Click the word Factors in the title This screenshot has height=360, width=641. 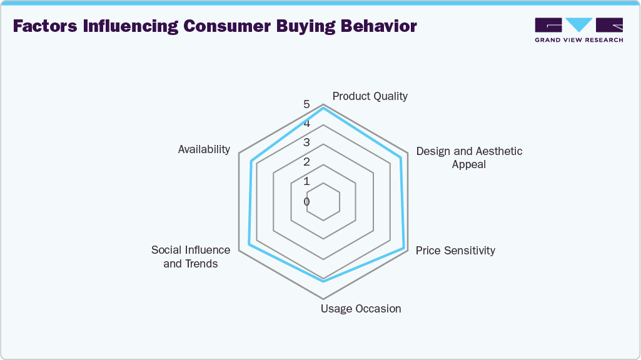tap(45, 26)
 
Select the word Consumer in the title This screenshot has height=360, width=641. tap(227, 26)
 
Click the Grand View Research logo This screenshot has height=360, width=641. tap(579, 30)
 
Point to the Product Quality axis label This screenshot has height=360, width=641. tap(370, 96)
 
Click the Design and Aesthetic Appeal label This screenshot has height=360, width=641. tap(469, 157)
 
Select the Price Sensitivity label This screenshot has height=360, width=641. tap(455, 251)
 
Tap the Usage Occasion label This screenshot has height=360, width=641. tap(361, 309)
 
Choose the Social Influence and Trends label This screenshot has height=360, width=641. tap(191, 257)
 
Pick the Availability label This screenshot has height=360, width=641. tap(204, 149)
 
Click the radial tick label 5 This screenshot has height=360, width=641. tap(306, 104)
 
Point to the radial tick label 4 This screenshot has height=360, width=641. tap(306, 123)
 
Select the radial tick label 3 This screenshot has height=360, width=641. tap(306, 142)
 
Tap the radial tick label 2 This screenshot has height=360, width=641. tap(306, 162)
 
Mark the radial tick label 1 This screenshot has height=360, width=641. tap(306, 181)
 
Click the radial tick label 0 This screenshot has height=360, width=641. tap(306, 201)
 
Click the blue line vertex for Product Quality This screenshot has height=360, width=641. tap(323, 108)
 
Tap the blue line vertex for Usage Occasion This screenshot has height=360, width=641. tap(323, 281)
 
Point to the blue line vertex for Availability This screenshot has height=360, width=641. tap(251, 160)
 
